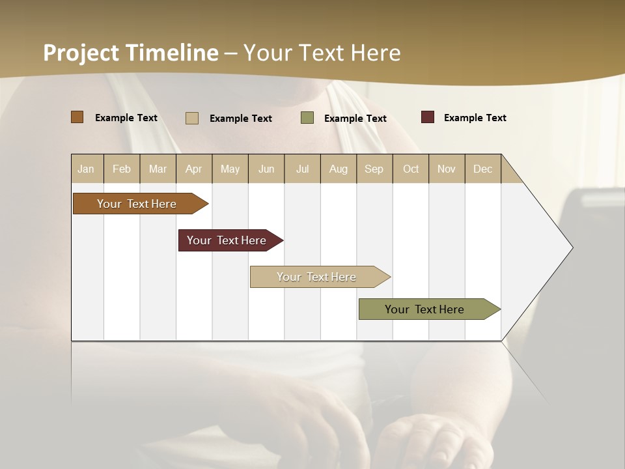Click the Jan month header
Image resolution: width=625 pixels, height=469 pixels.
[86, 169]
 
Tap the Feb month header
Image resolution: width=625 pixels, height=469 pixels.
[122, 169]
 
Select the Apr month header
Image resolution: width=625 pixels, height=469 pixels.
[193, 169]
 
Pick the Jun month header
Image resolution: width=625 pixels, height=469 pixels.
[266, 169]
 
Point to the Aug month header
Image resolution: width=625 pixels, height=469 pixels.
[338, 169]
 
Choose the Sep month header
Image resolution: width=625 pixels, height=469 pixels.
[374, 169]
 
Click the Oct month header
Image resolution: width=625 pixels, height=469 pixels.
[411, 169]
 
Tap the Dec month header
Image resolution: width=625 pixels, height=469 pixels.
[482, 169]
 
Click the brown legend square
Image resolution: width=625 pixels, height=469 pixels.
[77, 117]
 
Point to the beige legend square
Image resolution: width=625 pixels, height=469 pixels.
[191, 118]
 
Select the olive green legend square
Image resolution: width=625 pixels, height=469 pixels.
[307, 118]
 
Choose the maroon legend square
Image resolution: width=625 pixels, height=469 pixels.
[427, 117]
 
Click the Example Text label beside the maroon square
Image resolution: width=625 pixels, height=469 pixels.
[475, 118]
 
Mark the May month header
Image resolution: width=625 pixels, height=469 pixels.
[230, 169]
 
